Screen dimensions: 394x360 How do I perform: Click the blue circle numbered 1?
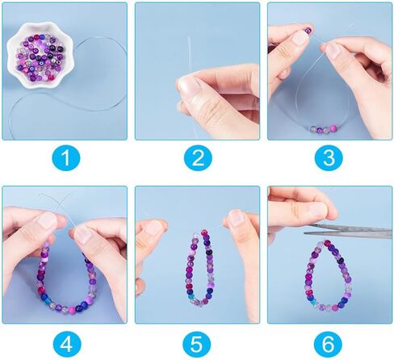click(x=65, y=157)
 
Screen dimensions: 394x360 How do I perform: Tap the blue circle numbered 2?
click(x=198, y=157)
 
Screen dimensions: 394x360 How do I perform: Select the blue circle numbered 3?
click(x=329, y=157)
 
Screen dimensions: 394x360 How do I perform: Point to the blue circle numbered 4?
click(x=65, y=344)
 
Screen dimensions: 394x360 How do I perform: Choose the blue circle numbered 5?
click(x=197, y=344)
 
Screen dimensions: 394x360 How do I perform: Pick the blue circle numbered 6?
click(x=328, y=344)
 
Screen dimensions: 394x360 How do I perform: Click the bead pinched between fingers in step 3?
click(x=308, y=30)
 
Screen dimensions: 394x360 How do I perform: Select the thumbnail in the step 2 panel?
click(x=191, y=85)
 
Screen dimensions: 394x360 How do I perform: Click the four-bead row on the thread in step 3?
click(x=324, y=129)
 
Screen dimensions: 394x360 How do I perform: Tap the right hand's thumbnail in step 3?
click(x=333, y=51)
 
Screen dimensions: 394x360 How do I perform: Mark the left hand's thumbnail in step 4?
click(x=48, y=220)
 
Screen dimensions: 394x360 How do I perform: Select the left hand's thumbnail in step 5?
click(x=153, y=228)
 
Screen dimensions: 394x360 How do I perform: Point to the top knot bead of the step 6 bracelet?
click(x=328, y=243)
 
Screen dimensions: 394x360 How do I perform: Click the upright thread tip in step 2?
click(x=189, y=38)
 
